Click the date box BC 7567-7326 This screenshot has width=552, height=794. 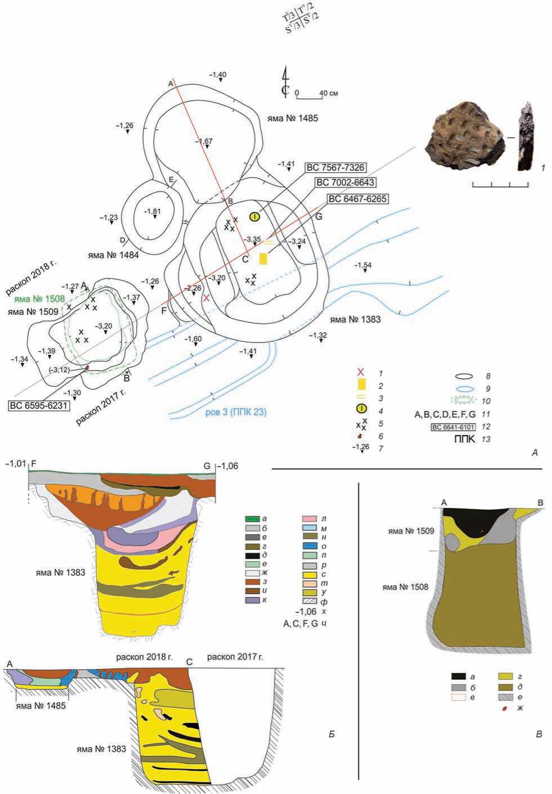tap(335, 168)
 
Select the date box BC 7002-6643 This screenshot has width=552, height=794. tap(345, 183)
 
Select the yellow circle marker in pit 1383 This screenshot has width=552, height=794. tap(255, 216)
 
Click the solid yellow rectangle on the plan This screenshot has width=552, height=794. tap(263, 259)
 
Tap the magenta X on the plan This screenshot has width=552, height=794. tap(207, 297)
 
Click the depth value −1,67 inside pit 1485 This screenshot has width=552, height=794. tap(204, 141)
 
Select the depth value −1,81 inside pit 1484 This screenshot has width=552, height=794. tap(152, 211)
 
